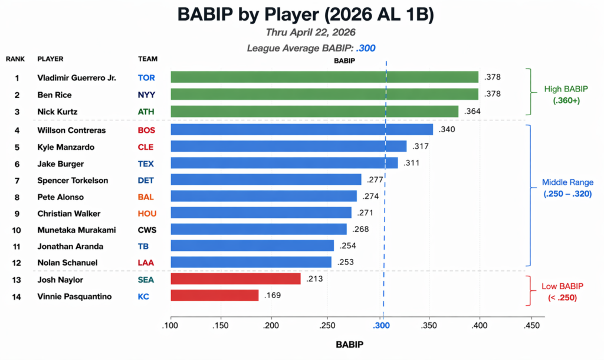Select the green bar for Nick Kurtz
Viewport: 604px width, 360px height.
314,112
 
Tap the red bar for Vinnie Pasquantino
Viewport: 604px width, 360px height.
214,295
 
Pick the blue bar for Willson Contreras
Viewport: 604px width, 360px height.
301,129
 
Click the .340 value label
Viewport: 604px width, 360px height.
447,129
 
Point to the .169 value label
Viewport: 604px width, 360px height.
273,295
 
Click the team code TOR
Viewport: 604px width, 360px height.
146,77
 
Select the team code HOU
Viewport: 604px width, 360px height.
147,212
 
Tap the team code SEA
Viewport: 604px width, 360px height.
146,279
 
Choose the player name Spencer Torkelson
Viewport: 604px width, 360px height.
73,180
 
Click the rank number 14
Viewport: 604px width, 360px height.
17,296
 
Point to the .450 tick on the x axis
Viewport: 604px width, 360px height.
531,325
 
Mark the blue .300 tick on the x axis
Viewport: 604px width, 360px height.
382,325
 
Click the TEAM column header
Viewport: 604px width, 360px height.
147,59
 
